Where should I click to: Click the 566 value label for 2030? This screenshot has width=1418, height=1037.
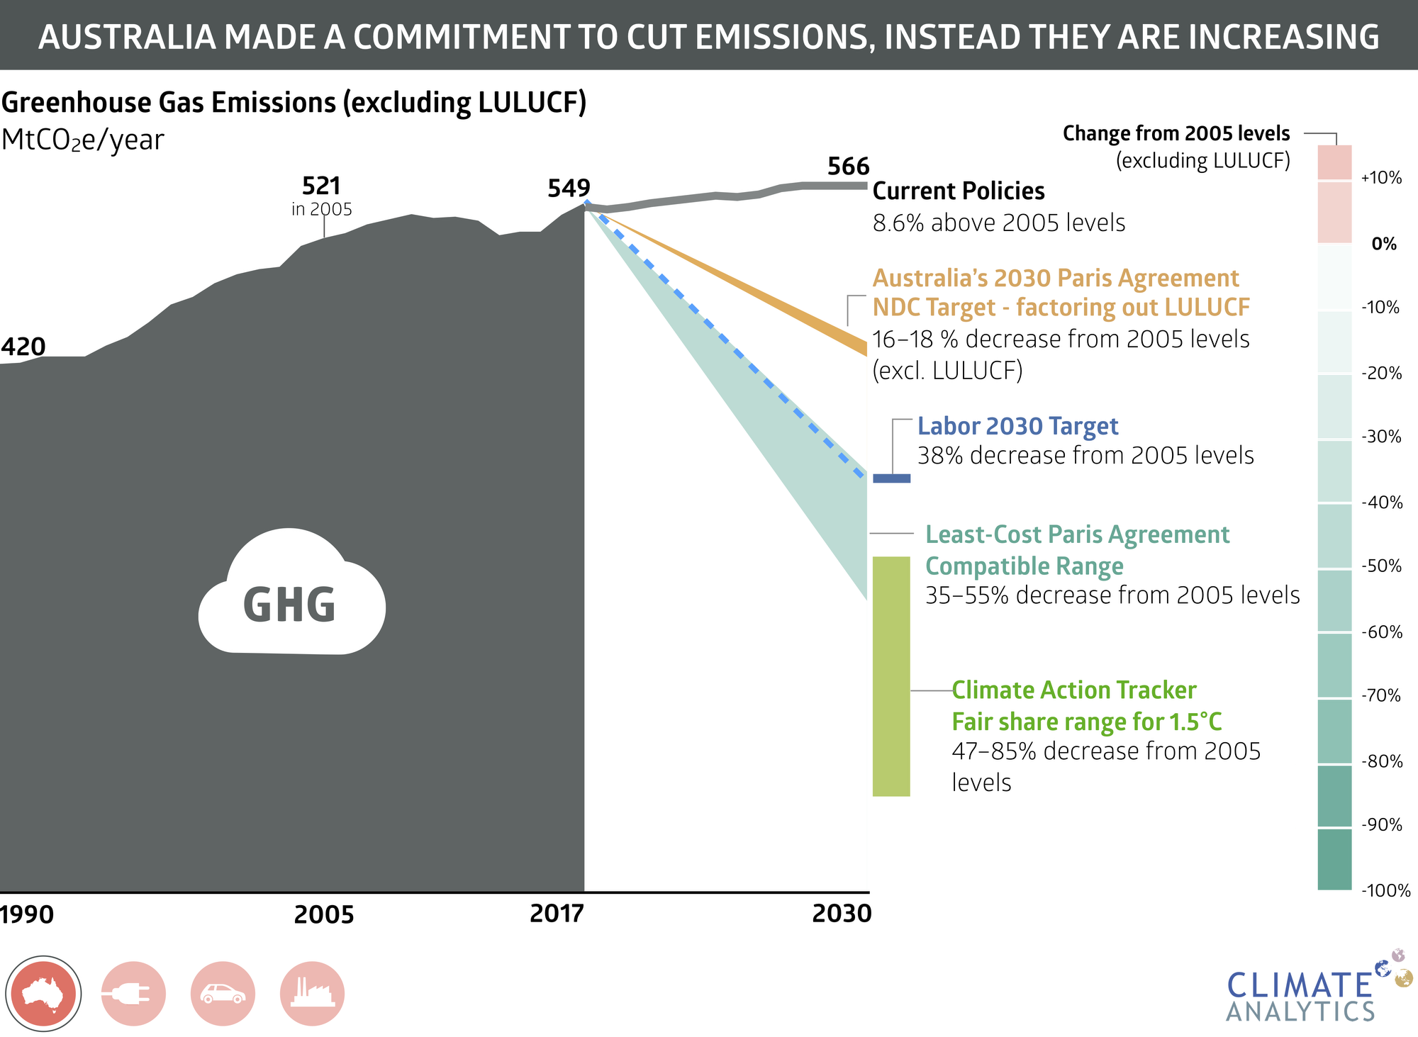[848, 167]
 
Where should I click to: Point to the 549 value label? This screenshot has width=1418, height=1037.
[569, 189]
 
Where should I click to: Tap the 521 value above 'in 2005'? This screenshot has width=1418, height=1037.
[321, 186]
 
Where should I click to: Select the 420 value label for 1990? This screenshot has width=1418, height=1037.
[23, 347]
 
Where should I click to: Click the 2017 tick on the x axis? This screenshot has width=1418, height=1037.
[557, 914]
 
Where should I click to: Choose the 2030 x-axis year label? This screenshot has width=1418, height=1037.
[842, 914]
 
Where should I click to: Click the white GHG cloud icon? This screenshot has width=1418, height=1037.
[291, 595]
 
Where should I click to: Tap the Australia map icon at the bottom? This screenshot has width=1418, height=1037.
[43, 994]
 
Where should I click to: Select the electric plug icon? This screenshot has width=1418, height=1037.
[133, 994]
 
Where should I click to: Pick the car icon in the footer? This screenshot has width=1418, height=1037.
[223, 994]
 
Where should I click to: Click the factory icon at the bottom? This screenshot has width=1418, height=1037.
[312, 994]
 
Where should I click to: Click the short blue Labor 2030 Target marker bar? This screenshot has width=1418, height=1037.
[891, 478]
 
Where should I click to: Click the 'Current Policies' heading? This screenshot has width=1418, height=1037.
[958, 191]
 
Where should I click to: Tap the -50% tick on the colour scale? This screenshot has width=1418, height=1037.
[1382, 566]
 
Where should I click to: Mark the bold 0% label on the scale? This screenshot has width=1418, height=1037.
[1383, 245]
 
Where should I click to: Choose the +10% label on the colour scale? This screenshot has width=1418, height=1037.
[1381, 178]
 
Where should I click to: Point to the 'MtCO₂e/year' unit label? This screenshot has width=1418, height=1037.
[82, 140]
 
